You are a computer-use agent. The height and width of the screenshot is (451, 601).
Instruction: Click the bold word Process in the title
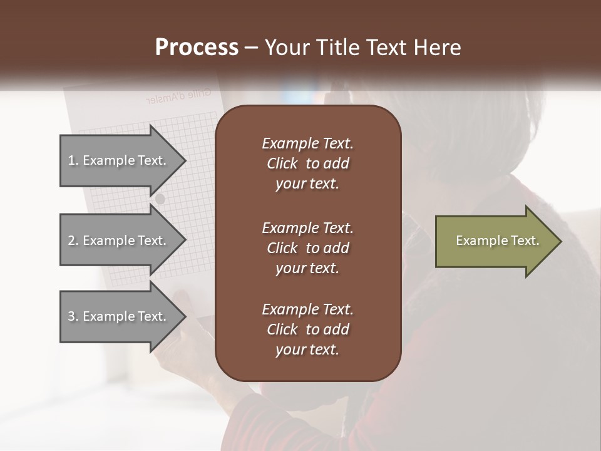click(x=197, y=48)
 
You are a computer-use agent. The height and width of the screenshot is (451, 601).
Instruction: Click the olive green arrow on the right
click(x=495, y=241)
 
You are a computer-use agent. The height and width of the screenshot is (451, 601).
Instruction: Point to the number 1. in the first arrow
click(x=73, y=160)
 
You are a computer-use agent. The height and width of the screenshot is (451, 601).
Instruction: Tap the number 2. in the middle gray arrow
click(x=73, y=241)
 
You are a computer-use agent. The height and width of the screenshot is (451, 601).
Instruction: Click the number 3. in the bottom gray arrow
click(x=73, y=316)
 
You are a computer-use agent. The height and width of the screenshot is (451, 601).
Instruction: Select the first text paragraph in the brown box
click(x=307, y=163)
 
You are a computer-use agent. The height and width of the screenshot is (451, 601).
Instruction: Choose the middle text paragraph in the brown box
click(x=307, y=247)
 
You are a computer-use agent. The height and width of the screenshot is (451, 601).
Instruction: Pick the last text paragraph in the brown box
click(x=307, y=329)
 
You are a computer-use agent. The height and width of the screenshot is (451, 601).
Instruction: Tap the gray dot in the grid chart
click(x=160, y=199)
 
